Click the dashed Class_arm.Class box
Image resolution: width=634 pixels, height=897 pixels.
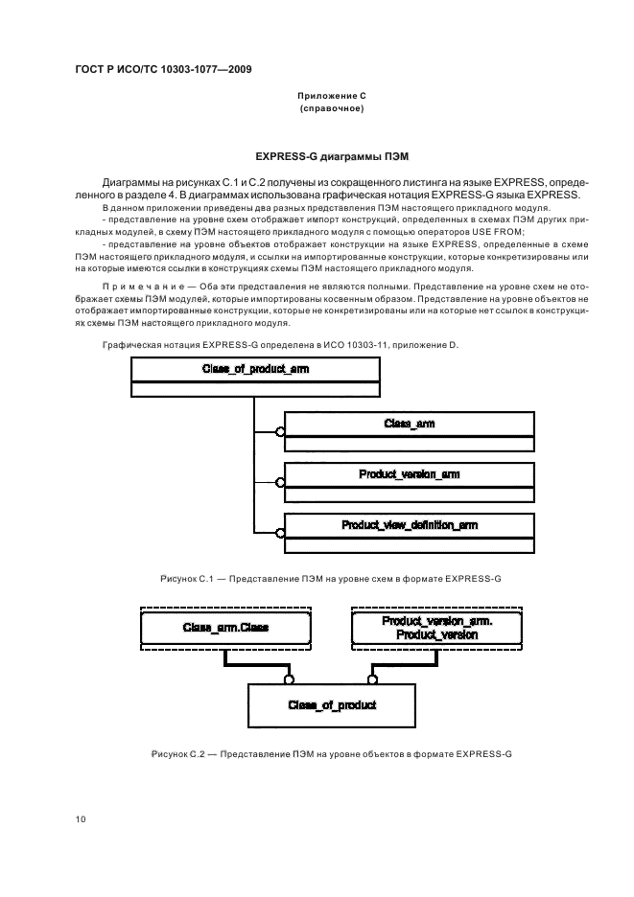coord(226,628)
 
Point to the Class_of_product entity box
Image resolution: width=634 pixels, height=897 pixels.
coord(332,705)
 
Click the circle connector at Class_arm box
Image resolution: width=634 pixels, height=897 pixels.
coord(280,432)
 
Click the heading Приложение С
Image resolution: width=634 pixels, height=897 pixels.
coord(331,97)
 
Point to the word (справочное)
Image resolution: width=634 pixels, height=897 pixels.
coord(331,109)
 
